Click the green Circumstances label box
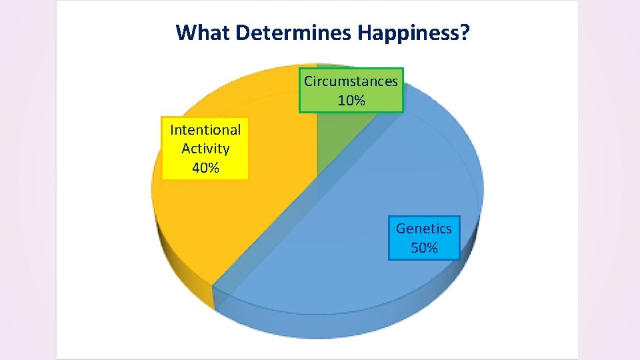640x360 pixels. click(351, 90)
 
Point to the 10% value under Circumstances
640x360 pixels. click(351, 101)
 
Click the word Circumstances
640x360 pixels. click(351, 81)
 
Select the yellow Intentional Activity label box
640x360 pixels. click(205, 149)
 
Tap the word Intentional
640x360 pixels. click(205, 129)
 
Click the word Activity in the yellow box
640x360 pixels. click(205, 149)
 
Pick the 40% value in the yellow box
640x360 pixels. click(205, 168)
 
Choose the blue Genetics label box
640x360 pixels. click(424, 237)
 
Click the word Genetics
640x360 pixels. click(424, 229)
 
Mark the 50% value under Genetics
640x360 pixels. click(424, 248)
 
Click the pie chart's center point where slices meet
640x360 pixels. click(317, 175)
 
